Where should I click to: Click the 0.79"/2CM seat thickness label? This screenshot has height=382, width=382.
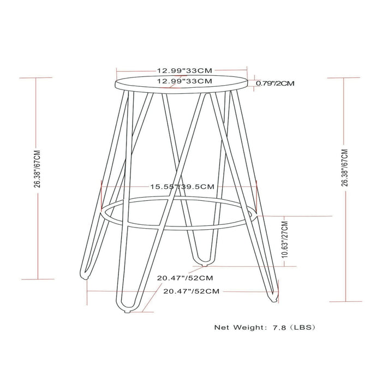(x=276, y=83)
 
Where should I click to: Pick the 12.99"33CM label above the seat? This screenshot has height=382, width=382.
(x=184, y=70)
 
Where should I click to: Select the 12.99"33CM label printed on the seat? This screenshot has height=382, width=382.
(x=184, y=81)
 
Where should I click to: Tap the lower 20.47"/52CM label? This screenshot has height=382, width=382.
(x=192, y=291)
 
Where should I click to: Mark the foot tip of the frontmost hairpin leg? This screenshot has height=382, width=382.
(x=127, y=311)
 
